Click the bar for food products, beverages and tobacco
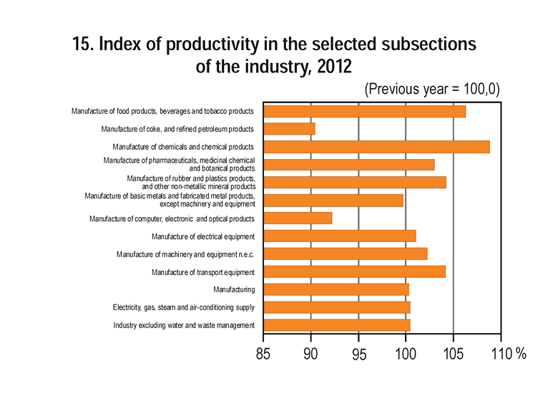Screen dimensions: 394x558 pos(365,111)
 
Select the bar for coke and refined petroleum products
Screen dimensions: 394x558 pos(289,129)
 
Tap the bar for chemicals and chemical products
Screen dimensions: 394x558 pos(377,147)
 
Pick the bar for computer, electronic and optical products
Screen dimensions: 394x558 pos(298,218)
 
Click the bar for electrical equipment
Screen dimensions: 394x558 pos(340,236)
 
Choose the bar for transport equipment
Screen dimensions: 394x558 pos(355,272)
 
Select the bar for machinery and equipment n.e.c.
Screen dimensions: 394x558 pos(346,254)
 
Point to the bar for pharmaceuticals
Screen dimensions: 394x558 pos(349,165)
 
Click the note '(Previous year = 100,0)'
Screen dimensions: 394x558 pos(431,90)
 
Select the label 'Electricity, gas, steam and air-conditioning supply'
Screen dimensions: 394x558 pos(184,307)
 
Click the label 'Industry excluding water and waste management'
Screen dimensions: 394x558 pos(184,325)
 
